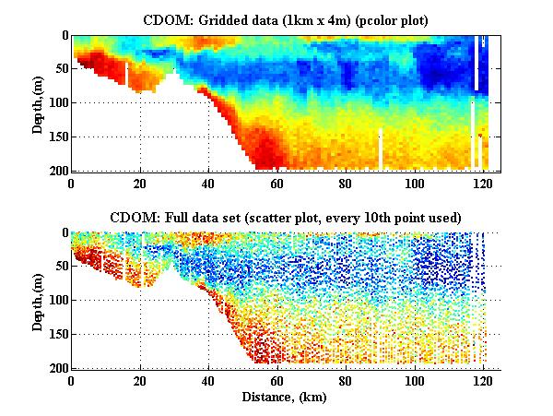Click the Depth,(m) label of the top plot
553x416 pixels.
point(38,102)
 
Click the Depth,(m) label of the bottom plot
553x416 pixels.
point(38,300)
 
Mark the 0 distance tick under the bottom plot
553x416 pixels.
point(72,380)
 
